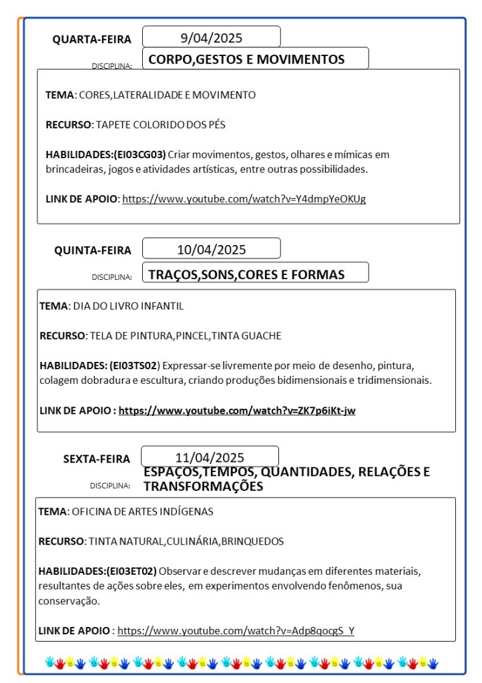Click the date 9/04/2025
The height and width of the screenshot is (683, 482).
click(211, 37)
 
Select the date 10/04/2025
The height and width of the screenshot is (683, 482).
click(211, 250)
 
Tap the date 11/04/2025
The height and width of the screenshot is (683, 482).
click(210, 457)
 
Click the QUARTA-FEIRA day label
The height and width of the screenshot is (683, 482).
click(92, 39)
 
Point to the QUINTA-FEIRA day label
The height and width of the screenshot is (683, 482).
click(93, 250)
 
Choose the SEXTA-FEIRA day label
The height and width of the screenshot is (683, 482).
click(97, 459)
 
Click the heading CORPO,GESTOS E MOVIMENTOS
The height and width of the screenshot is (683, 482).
click(246, 59)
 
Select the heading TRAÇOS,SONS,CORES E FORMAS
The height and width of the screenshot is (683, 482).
click(246, 274)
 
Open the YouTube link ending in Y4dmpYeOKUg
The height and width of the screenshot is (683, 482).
click(244, 198)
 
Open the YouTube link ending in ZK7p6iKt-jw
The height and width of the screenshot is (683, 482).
click(237, 410)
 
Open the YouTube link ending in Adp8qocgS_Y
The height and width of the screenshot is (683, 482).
click(236, 630)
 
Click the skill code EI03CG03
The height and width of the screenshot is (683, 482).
click(140, 154)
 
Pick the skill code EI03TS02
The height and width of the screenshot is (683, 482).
click(134, 365)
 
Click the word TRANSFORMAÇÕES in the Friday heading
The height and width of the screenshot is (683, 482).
click(203, 487)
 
